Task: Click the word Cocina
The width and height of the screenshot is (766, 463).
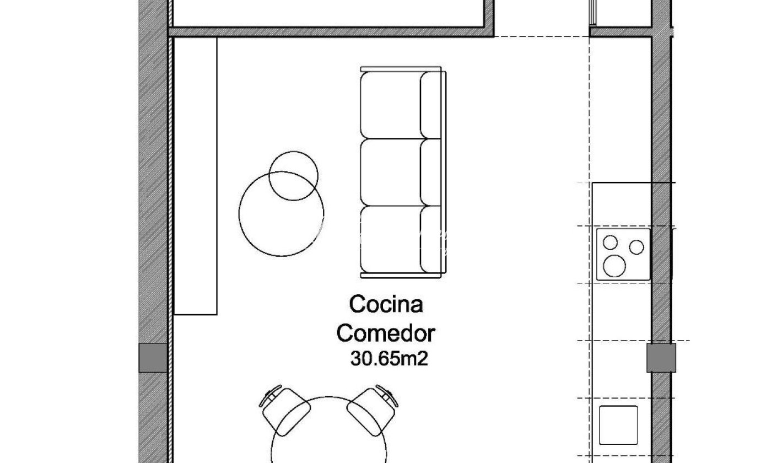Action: [x=386, y=304]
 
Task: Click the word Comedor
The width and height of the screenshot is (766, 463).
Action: [x=386, y=333]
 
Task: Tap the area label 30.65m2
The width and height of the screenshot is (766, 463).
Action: [x=389, y=359]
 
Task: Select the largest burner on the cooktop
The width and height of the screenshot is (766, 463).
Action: [x=614, y=266]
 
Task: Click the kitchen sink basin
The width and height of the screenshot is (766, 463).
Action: [x=618, y=425]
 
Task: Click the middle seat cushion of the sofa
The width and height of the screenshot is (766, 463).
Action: [x=391, y=173]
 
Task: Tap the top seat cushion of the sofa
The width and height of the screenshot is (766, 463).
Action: [x=391, y=105]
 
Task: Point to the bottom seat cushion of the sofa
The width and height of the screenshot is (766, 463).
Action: [x=391, y=239]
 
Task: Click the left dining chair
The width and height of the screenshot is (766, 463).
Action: [x=285, y=411]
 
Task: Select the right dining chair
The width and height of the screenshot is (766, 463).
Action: [x=372, y=411]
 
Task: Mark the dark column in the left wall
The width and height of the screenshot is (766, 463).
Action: [x=153, y=358]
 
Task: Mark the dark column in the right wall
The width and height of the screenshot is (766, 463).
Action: [x=661, y=358]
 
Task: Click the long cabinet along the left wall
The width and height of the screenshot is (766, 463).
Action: [x=196, y=176]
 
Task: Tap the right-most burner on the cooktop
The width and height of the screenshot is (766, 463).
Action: [x=636, y=247]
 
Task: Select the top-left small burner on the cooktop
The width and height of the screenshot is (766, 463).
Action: [x=610, y=243]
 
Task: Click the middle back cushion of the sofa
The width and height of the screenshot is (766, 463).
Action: [x=430, y=173]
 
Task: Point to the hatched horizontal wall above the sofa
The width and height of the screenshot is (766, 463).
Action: [x=331, y=32]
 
